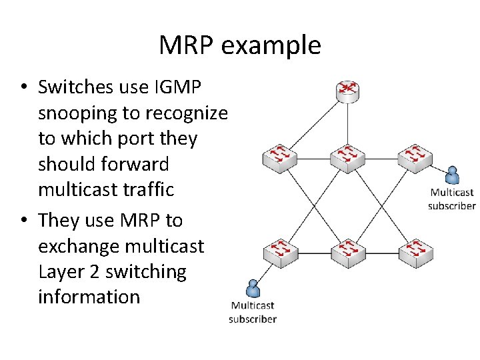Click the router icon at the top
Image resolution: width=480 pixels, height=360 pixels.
click(347, 91)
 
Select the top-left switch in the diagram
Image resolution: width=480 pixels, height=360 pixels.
click(279, 157)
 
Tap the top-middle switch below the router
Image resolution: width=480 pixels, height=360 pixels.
click(347, 157)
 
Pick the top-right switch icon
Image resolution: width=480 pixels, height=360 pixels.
click(415, 157)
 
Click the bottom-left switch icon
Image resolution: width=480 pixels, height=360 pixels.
click(279, 251)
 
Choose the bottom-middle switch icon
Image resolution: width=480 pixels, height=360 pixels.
click(347, 251)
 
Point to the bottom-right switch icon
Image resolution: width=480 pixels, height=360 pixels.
click(415, 251)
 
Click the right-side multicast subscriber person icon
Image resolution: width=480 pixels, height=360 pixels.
click(453, 175)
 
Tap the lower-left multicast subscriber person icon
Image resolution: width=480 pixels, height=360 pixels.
click(253, 288)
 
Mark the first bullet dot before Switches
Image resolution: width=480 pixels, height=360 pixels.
click(23, 88)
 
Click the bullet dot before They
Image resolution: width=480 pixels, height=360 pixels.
click(23, 220)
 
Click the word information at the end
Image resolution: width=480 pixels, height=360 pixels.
click(89, 297)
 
